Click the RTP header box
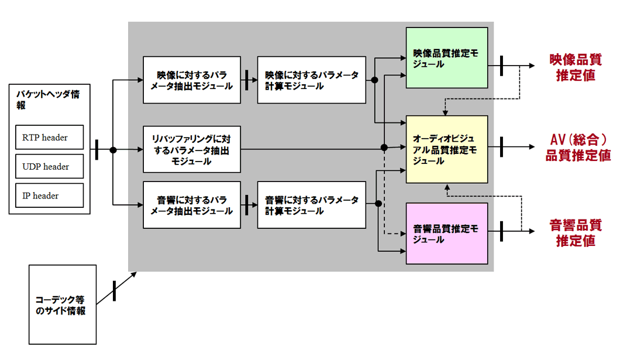point(49,138)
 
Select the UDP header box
point(49,167)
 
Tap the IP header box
point(49,196)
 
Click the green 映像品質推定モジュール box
point(446,57)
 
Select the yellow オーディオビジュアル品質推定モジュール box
point(446,149)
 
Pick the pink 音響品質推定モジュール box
point(446,234)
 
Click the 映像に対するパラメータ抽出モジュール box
point(191,80)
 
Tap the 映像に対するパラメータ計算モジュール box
point(312,80)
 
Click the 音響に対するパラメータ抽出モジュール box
point(191,205)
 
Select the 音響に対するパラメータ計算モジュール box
point(312,205)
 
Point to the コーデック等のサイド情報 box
point(63,304)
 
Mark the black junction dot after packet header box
point(113,150)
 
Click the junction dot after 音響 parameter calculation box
point(378,204)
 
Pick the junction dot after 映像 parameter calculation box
point(374,80)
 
